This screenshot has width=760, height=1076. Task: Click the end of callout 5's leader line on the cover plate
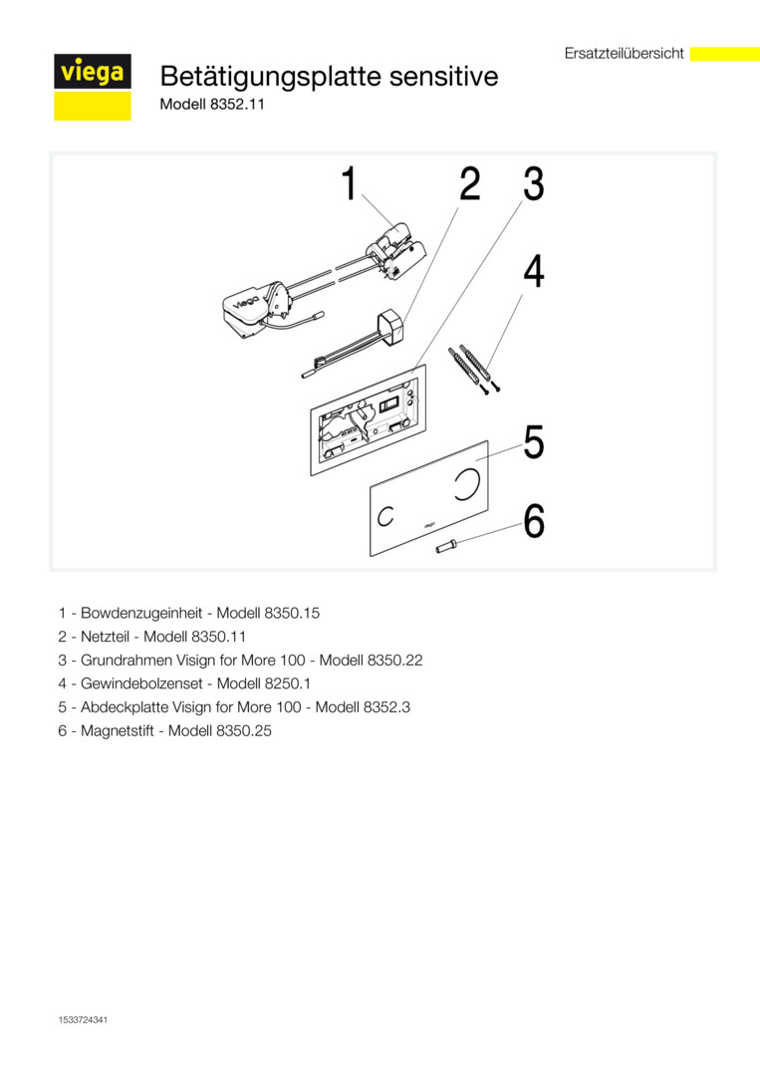pos(476,460)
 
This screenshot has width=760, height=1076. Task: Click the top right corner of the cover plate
pos(488,440)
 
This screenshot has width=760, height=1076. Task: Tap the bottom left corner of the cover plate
pos(371,557)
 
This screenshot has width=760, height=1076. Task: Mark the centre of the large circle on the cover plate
pos(466,483)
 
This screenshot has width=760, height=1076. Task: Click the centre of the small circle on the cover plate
pos(386,516)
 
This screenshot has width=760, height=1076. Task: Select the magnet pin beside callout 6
pos(448,546)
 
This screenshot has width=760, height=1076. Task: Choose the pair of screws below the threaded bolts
pos(490,390)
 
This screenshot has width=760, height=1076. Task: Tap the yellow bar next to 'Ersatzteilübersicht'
pos(724,54)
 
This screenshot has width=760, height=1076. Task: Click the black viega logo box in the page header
pos(93,72)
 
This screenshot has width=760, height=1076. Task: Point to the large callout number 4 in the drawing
pos(534,272)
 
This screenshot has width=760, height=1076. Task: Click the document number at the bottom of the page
pos(83,1020)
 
